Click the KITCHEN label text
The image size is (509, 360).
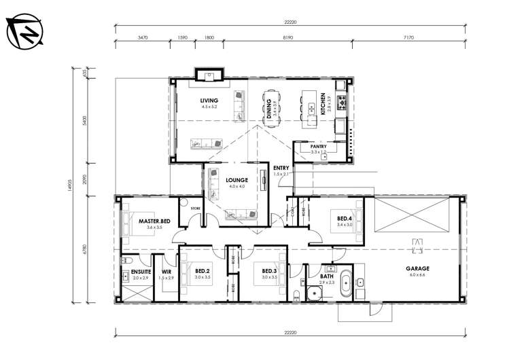coord(323,103)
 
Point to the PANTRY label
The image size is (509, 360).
coord(318,146)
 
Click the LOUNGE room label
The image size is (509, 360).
coord(237,180)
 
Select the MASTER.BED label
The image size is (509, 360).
coord(154,221)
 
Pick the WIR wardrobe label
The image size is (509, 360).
coord(166,272)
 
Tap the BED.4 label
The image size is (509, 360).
coord(345,218)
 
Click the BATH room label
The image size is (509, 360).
coord(328,276)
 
